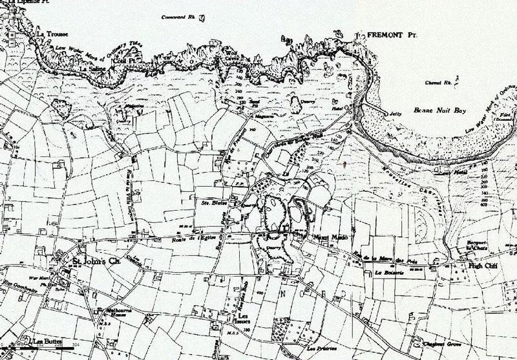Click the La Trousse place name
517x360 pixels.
tap(50, 34)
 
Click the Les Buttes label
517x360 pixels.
tap(45, 340)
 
